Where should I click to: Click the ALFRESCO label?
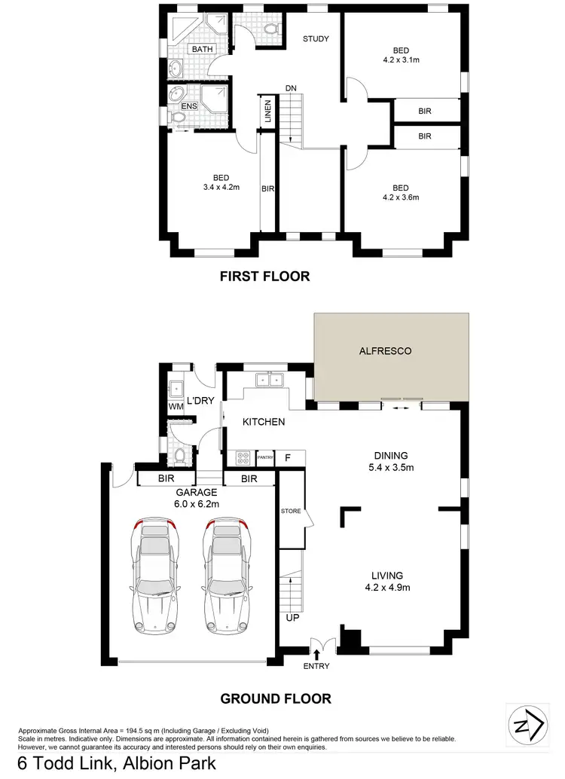pos(391,350)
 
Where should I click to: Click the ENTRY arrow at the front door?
pos(316,655)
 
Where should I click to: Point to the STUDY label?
pos(316,39)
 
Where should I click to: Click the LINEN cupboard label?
pos(267,113)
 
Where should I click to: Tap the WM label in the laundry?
pos(176,407)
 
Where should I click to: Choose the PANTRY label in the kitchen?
pos(264,457)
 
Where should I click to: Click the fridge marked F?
pos(288,457)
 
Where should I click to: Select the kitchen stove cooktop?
pos(243,457)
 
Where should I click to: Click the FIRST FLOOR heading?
pos(264,276)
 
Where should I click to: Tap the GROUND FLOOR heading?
pos(275,698)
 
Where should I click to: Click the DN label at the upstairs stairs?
pos(290,88)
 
